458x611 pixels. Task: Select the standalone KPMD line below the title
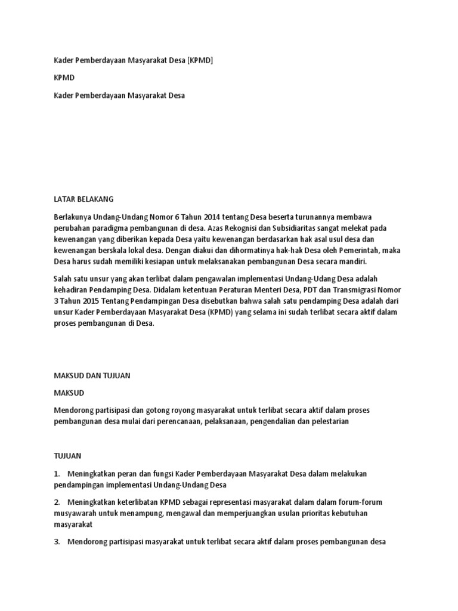pos(64,78)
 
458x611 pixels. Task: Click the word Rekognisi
pos(229,229)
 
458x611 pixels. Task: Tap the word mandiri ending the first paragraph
pos(352,262)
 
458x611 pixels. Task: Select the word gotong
pos(177,411)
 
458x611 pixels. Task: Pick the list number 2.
pos(57,502)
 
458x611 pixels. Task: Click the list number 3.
pos(57,542)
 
